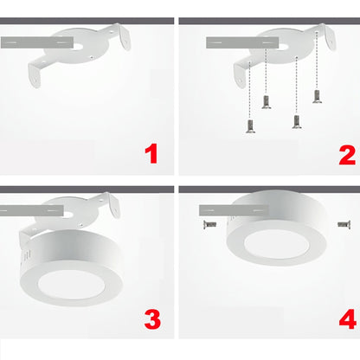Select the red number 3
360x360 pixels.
(152, 318)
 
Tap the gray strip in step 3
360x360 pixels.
(26, 209)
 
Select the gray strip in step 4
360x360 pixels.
(216, 209)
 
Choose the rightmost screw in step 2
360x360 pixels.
(317, 96)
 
